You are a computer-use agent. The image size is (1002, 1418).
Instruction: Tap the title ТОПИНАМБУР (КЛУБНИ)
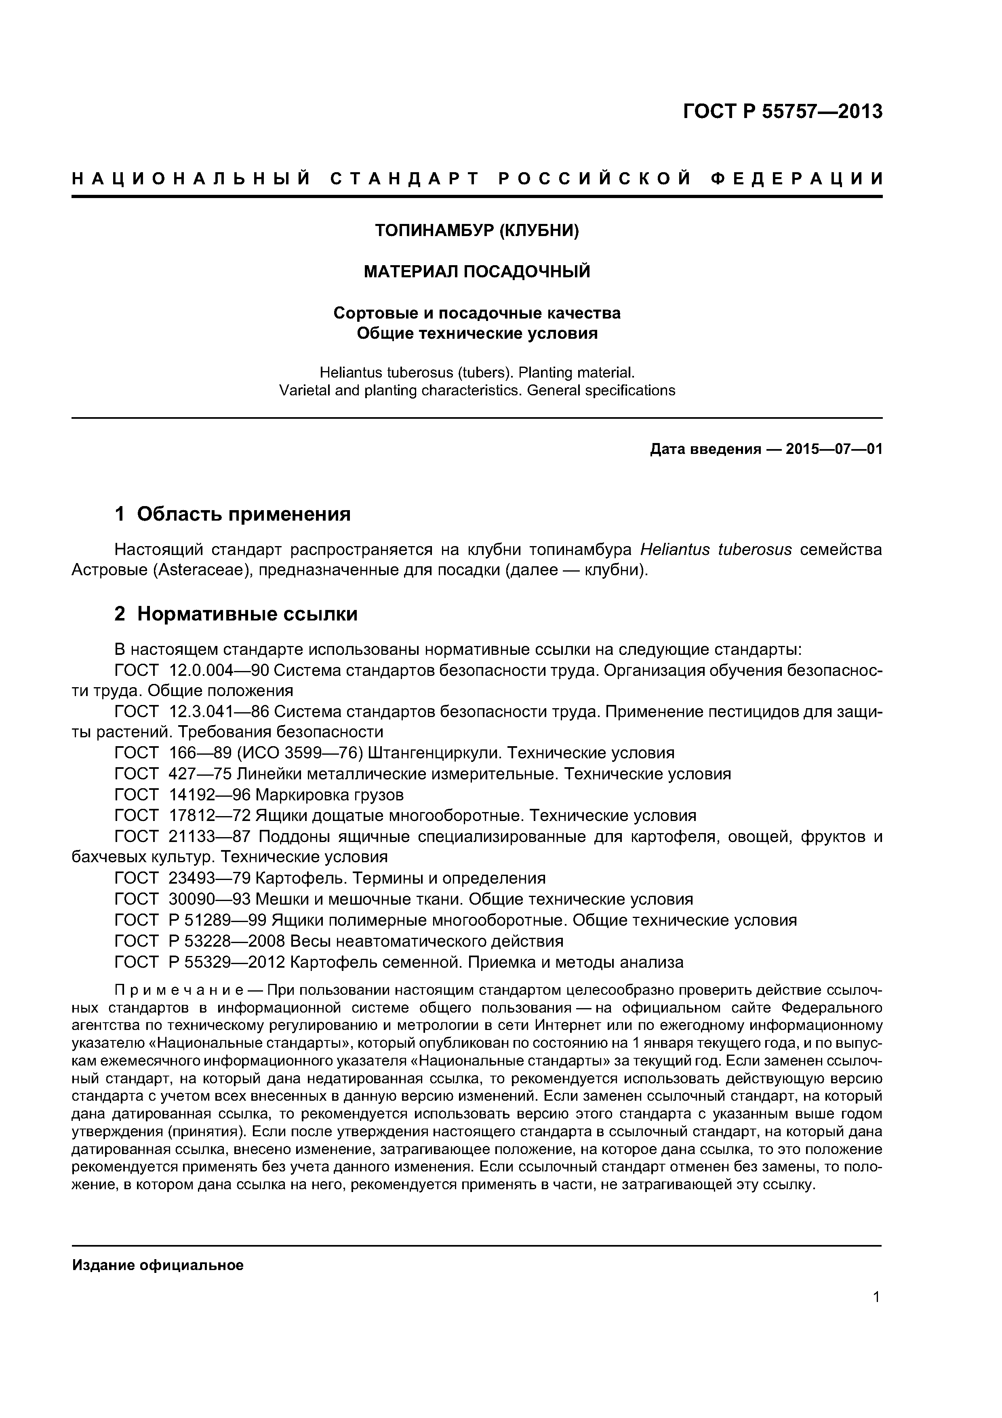[477, 230]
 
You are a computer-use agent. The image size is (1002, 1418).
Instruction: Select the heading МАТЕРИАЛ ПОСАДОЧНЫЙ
[477, 272]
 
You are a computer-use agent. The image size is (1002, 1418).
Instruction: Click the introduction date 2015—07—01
[834, 449]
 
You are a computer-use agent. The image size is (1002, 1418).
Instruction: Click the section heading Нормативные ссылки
[247, 614]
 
